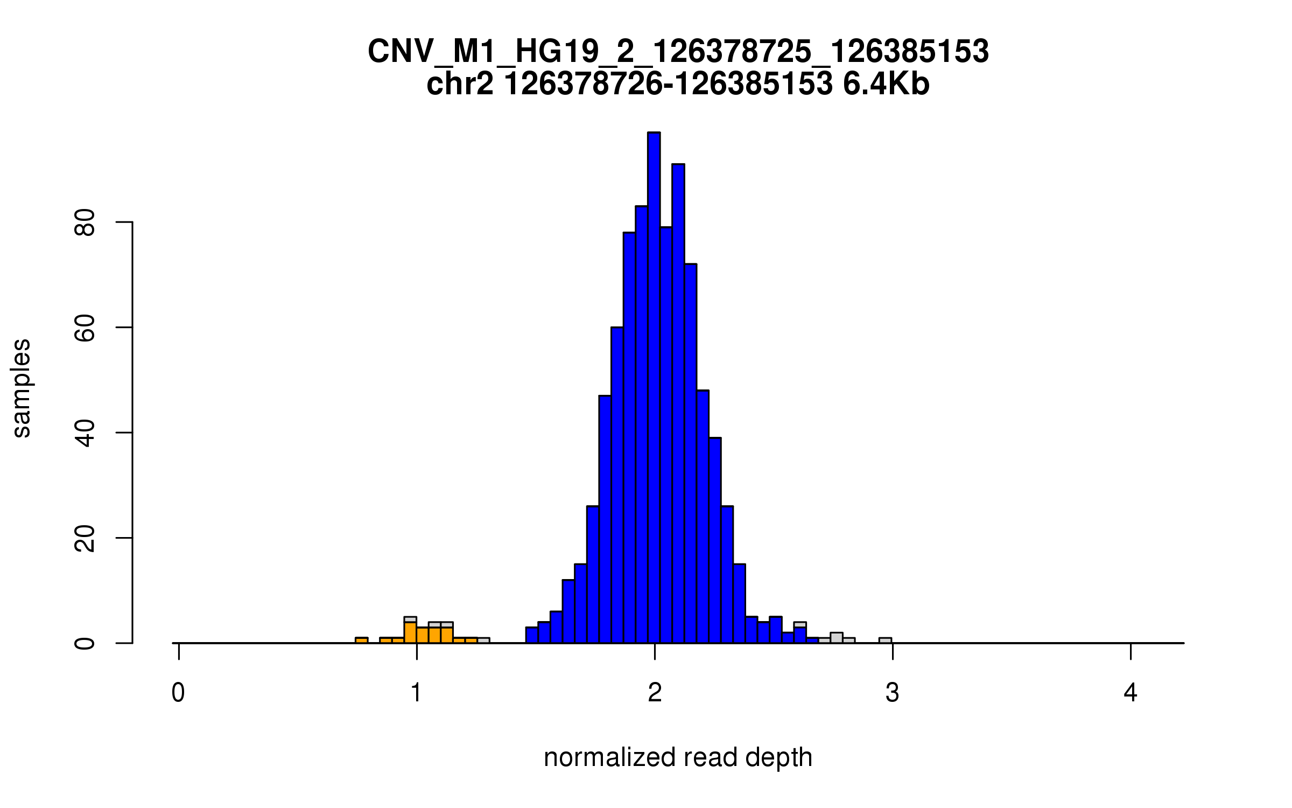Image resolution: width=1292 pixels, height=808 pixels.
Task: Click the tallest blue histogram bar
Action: (x=654, y=388)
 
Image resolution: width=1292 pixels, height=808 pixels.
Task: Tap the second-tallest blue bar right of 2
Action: (x=678, y=404)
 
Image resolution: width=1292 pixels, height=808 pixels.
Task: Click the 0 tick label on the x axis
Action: (x=178, y=693)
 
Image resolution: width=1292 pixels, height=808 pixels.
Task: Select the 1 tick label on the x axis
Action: (x=416, y=693)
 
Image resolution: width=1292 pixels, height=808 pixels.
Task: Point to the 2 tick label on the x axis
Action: (x=655, y=693)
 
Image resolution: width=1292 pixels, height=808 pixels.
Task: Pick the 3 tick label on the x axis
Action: (x=893, y=693)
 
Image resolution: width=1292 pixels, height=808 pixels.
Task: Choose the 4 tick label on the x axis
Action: (x=1130, y=693)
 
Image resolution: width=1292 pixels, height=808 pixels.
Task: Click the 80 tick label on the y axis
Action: (x=85, y=222)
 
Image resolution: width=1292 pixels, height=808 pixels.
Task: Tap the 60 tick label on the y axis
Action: (x=85, y=328)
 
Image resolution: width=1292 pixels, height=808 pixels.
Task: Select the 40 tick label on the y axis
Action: (x=85, y=433)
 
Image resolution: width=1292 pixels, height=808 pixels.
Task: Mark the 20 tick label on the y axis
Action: (x=85, y=538)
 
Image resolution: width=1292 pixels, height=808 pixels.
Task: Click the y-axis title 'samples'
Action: (x=22, y=388)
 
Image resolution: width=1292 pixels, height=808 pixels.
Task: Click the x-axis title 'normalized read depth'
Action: (x=678, y=757)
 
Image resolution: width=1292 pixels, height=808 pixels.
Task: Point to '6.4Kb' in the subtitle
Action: (x=886, y=85)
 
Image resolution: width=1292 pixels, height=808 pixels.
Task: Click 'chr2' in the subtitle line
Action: (x=459, y=85)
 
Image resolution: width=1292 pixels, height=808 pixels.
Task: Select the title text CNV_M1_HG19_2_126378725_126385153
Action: (x=678, y=52)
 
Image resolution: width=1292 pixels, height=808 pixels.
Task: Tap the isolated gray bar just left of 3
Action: (x=885, y=640)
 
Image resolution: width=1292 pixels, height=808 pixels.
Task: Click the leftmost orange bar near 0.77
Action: (x=362, y=640)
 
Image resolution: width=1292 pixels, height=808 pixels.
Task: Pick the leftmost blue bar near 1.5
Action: (x=532, y=635)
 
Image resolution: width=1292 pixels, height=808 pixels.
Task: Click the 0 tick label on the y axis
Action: (x=85, y=643)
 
